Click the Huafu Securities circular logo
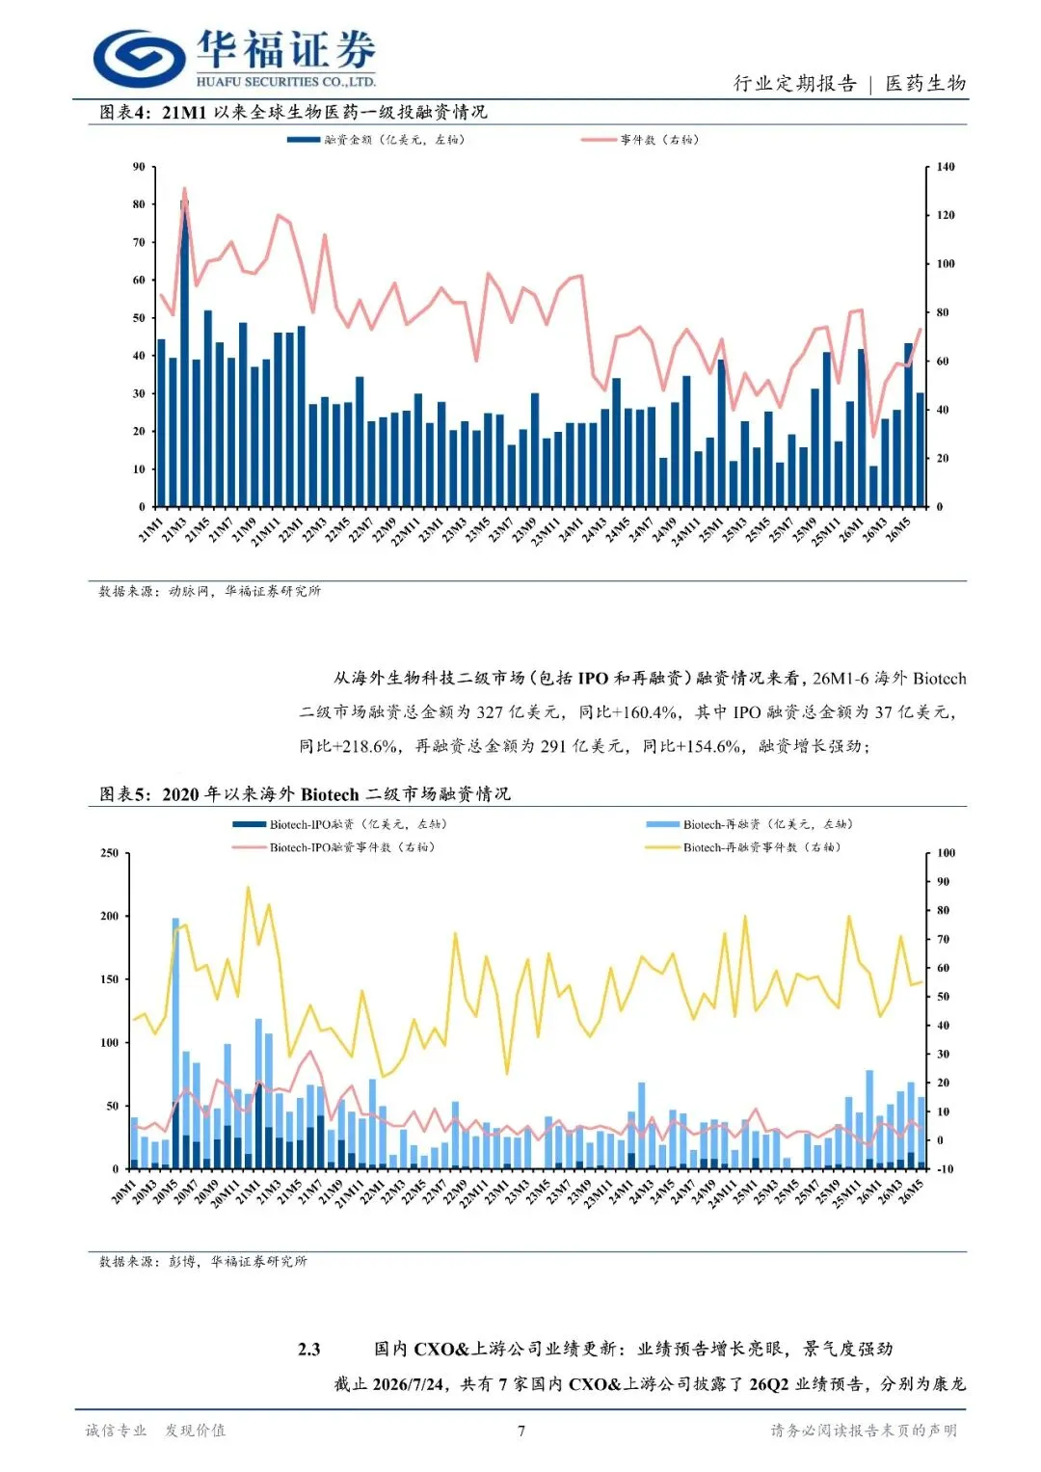pos(140,58)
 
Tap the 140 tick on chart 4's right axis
pos(945,167)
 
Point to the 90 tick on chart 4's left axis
pos(139,167)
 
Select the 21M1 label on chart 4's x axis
pos(151,529)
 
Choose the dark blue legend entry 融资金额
pos(376,140)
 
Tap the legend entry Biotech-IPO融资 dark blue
pos(339,825)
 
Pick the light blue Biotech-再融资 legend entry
pos(750,825)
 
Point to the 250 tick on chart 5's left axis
pos(110,853)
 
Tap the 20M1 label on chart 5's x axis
pos(123,1191)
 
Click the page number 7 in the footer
pos(521,1431)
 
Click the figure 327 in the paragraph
pos(491,712)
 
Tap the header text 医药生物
pos(926,84)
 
